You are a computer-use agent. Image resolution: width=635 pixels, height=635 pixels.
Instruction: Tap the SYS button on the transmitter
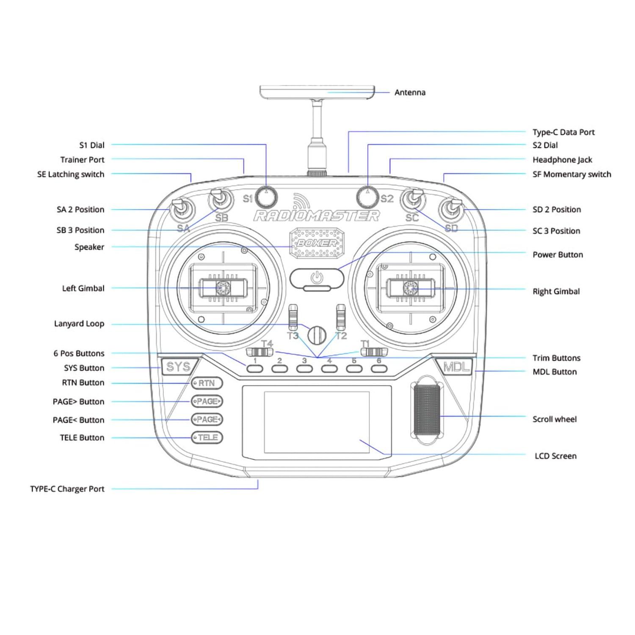click(x=178, y=367)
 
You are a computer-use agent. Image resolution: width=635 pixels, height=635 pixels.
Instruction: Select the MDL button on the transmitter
click(x=456, y=367)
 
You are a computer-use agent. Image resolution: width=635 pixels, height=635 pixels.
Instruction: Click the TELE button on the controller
click(x=207, y=437)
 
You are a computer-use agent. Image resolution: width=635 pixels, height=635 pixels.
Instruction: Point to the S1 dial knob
click(x=266, y=196)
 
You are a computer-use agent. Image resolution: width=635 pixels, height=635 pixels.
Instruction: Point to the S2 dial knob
click(x=368, y=196)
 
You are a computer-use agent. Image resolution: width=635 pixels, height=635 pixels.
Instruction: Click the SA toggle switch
click(x=179, y=208)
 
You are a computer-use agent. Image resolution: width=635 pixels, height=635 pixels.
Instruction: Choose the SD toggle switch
click(x=452, y=208)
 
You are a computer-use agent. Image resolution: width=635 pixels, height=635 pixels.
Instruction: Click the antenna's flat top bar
click(x=317, y=91)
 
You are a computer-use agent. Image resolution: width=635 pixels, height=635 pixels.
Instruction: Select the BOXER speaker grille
click(x=316, y=243)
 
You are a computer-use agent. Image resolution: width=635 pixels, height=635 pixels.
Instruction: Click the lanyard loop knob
click(x=317, y=335)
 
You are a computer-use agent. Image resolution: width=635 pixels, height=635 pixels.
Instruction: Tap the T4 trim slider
click(x=260, y=352)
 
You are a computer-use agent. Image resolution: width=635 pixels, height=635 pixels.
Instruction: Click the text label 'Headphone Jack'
click(x=562, y=160)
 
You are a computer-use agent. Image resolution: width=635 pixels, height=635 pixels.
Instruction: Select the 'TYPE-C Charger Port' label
click(x=67, y=489)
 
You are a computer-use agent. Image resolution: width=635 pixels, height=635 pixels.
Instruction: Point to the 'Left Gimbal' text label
click(x=83, y=288)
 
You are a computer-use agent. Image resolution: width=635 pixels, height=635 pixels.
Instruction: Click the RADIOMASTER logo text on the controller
click(x=316, y=216)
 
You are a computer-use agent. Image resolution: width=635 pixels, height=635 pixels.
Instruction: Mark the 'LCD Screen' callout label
click(x=555, y=456)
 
